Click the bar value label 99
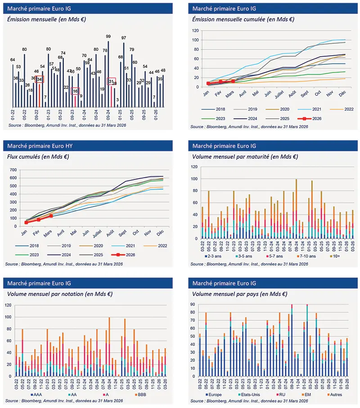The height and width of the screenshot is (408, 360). pyautogui.click(x=108, y=36)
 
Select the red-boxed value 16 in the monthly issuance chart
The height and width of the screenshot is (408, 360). pyautogui.click(x=75, y=90)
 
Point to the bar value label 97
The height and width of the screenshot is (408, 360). pyautogui.click(x=124, y=38)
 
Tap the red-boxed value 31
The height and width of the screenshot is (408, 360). pyautogui.click(x=111, y=81)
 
